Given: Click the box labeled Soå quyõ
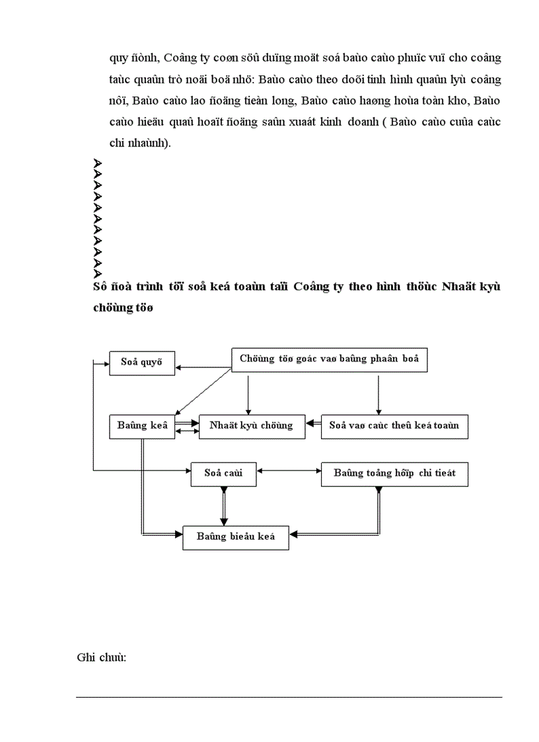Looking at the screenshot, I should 142,363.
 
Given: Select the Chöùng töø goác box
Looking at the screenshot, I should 330,359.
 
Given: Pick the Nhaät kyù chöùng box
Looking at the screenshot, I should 251,426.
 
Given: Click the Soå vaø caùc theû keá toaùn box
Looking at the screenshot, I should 394,426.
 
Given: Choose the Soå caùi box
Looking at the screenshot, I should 224,474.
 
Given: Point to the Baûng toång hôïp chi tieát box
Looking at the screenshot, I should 394,474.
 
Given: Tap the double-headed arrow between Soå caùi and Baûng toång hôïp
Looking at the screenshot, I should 289,470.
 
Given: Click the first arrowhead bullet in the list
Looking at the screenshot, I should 97,163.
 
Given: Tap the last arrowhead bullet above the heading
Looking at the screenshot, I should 97,274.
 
